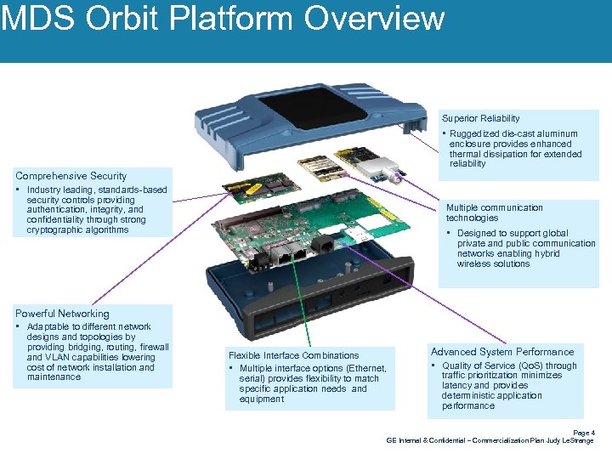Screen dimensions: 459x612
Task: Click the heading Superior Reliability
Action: coord(480,118)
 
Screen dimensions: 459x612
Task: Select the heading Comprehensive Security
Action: coord(71,176)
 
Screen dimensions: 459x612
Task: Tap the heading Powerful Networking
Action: coord(62,314)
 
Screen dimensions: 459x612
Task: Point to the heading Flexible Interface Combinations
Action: coord(293,355)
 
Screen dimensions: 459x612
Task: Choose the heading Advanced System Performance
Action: coord(501,352)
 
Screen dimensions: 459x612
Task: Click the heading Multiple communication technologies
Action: coord(494,212)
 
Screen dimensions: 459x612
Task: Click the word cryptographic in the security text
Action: coord(52,230)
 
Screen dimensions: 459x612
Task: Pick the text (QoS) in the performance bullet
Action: coord(536,365)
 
